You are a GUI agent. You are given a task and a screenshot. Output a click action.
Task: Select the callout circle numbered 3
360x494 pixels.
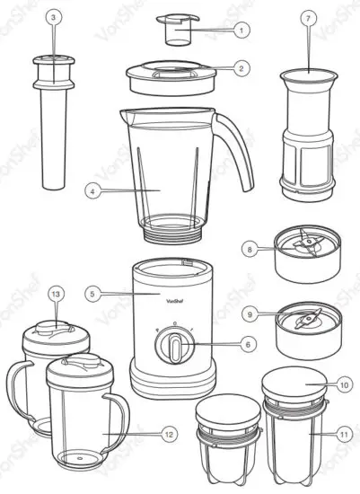click(x=53, y=17)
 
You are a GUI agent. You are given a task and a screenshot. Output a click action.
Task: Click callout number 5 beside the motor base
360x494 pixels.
click(x=92, y=292)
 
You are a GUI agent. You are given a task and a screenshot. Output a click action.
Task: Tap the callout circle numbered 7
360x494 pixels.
click(x=308, y=17)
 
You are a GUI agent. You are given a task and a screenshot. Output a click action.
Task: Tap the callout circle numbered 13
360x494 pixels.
click(x=56, y=294)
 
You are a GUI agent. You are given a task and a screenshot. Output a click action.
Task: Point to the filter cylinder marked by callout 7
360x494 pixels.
click(x=306, y=135)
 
